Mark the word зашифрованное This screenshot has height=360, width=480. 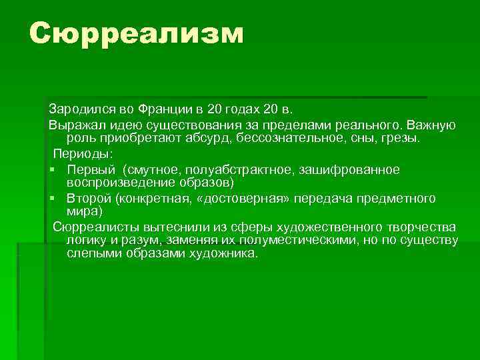point(346,169)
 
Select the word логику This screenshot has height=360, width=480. point(88,241)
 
